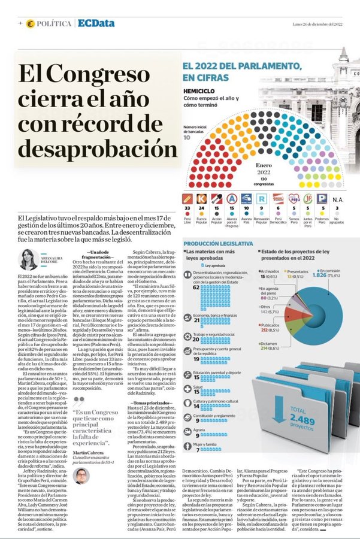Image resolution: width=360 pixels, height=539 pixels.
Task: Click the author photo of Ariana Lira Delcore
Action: point(28,259)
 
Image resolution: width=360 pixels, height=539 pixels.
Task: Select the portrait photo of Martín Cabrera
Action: point(81,476)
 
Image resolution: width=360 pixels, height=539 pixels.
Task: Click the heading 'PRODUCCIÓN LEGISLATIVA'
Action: point(218,244)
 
